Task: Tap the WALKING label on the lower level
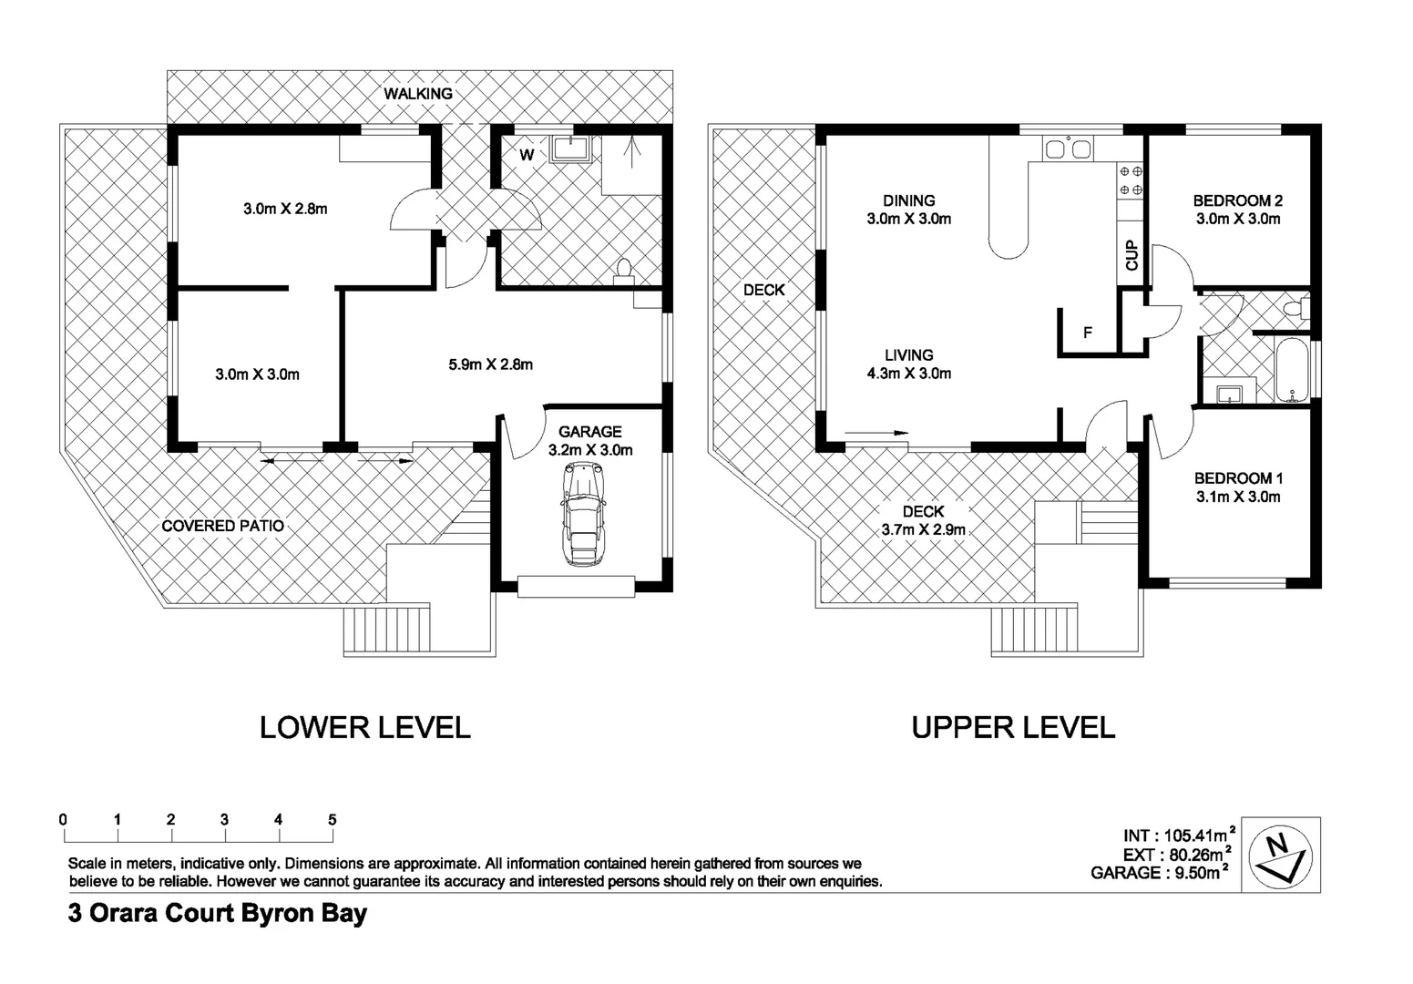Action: pos(418,94)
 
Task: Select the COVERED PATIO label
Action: pos(222,526)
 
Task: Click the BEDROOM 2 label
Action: pos(1237,200)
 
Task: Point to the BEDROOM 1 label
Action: pos(1237,478)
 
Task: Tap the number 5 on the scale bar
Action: pos(332,820)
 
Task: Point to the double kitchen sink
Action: pos(1068,149)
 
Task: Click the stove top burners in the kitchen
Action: pos(1131,179)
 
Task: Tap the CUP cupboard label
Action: pos(1131,255)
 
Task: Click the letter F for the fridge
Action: pos(1087,333)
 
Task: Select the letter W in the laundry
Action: pos(527,155)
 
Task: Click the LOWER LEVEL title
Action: pos(364,727)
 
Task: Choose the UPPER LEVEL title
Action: pos(1013,727)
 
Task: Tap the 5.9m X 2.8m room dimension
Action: pos(490,364)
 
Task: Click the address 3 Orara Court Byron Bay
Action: pos(218,914)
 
